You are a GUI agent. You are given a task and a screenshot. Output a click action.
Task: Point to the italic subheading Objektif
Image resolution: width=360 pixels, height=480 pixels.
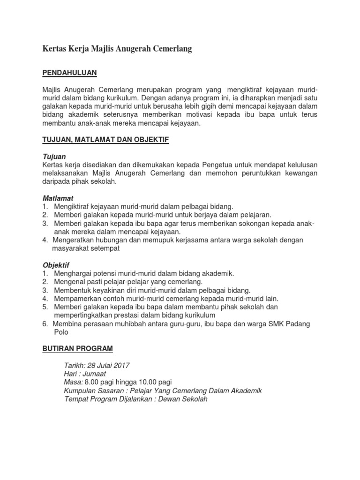point(56,265)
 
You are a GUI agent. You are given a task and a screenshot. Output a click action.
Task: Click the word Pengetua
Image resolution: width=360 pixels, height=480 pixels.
point(217,165)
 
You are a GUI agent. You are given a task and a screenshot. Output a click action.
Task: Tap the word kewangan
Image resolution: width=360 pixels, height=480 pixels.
point(298,173)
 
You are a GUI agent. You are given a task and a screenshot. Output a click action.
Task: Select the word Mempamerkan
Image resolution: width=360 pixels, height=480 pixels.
point(76,299)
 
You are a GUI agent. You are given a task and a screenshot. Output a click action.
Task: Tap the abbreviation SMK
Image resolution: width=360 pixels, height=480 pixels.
point(269,324)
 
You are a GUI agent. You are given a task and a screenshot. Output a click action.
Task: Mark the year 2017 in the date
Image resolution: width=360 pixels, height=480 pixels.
point(121,365)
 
